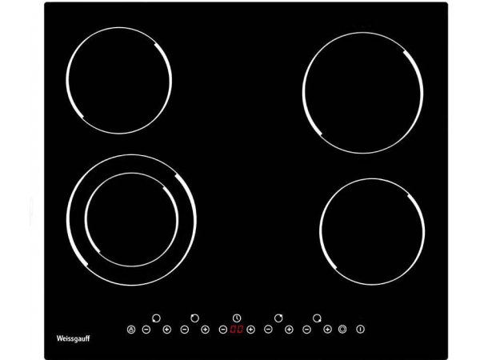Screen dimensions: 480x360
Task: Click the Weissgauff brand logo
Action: coord(73,338)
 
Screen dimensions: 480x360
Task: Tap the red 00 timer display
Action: coord(237,330)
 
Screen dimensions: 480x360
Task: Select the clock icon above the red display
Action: coord(237,318)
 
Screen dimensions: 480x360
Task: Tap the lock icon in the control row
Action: coord(131,330)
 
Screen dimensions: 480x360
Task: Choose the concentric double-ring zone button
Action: coord(342,329)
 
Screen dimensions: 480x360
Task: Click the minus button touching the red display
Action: coord(223,330)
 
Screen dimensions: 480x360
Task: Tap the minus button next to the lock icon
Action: coord(146,330)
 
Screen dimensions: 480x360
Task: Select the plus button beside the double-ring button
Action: coord(327,330)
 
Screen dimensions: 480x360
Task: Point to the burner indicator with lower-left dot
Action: coord(156,318)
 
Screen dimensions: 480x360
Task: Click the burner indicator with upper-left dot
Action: coord(194,318)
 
